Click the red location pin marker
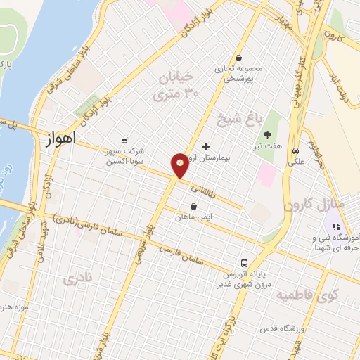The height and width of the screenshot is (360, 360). tap(180, 165)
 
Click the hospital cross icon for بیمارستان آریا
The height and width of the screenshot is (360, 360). tap(205, 147)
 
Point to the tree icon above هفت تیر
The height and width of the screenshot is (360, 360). tap(267, 135)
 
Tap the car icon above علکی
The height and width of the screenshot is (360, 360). tap(296, 150)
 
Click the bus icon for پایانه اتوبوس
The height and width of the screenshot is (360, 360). tap(243, 259)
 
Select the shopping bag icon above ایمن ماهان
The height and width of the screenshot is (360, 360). tap(193, 206)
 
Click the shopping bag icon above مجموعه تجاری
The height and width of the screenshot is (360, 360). tap(240, 58)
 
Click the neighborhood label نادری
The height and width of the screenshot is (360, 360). tap(77, 279)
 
